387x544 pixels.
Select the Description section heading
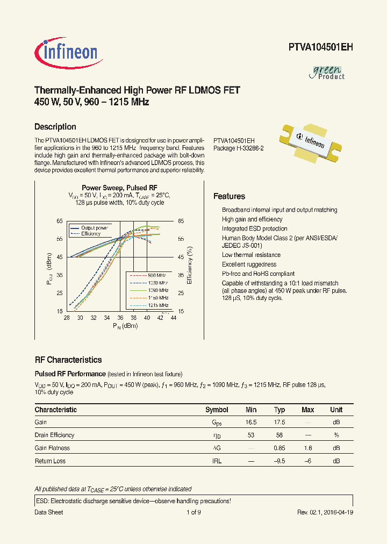click(55, 127)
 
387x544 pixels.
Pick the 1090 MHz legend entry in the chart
click(157, 290)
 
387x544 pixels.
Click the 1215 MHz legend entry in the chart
click(157, 305)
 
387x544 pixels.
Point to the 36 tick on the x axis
click(120, 318)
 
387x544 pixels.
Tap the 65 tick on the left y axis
click(60, 221)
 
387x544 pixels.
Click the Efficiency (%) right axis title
click(190, 266)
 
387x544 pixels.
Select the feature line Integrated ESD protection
click(254, 228)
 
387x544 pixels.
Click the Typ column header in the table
click(279, 410)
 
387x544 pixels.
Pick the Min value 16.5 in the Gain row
click(251, 423)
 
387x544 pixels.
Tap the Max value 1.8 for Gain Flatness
click(307, 448)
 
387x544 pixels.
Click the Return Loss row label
click(51, 461)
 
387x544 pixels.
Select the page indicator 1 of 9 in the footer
click(193, 512)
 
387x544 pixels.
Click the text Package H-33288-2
click(238, 148)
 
